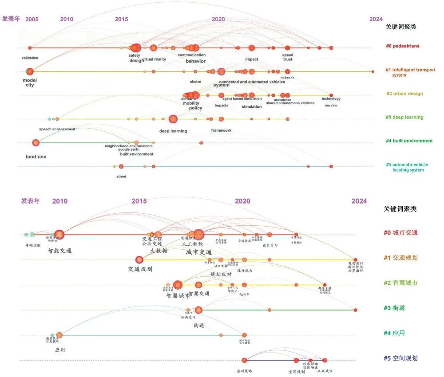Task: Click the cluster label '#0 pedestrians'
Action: (402, 46)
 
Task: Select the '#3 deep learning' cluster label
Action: (404, 118)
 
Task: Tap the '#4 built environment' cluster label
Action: (409, 141)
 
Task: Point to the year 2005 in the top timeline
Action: (32, 20)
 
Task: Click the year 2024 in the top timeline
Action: (376, 19)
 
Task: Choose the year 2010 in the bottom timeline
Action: (60, 201)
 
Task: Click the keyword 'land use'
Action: (36, 157)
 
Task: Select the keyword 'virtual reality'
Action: (154, 59)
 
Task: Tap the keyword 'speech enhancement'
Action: (57, 129)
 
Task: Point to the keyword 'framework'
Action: (221, 130)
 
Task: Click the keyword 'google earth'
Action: (129, 150)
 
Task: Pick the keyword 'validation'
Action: (30, 58)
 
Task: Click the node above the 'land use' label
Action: (36, 143)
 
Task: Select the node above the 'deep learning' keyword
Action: (173, 119)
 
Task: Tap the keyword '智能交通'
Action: (60, 251)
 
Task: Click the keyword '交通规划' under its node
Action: (140, 269)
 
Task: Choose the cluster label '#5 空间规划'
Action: (400, 358)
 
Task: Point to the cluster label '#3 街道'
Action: (394, 308)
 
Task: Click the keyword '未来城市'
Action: (325, 371)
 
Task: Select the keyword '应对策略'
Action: (244, 370)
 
